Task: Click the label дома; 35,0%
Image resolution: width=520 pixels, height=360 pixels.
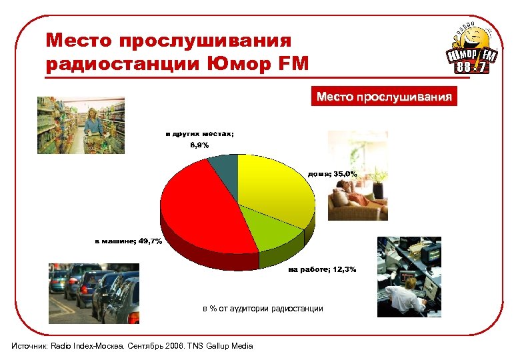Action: (x=332, y=174)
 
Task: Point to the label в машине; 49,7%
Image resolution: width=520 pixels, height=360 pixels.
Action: (x=127, y=241)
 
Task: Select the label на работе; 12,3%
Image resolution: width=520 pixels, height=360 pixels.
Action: (x=322, y=270)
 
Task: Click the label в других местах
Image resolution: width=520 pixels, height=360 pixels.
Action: (x=200, y=133)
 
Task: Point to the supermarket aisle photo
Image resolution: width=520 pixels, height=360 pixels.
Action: (x=81, y=125)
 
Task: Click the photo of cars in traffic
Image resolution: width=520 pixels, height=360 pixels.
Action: (x=93, y=293)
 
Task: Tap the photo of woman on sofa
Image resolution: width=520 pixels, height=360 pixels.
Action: (x=357, y=176)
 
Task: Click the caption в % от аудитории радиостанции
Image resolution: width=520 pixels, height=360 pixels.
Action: (x=263, y=309)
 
